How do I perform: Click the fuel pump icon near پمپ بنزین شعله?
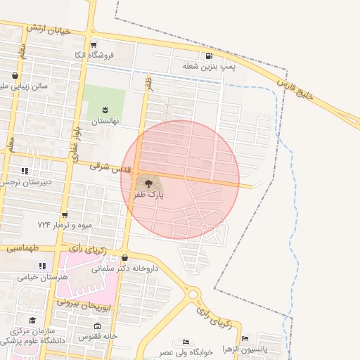(x=209, y=56)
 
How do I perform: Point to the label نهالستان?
(x=106, y=121)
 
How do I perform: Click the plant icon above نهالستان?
(x=105, y=109)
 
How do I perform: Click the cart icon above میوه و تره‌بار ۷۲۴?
(x=65, y=214)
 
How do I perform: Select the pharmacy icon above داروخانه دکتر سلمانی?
(x=125, y=257)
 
